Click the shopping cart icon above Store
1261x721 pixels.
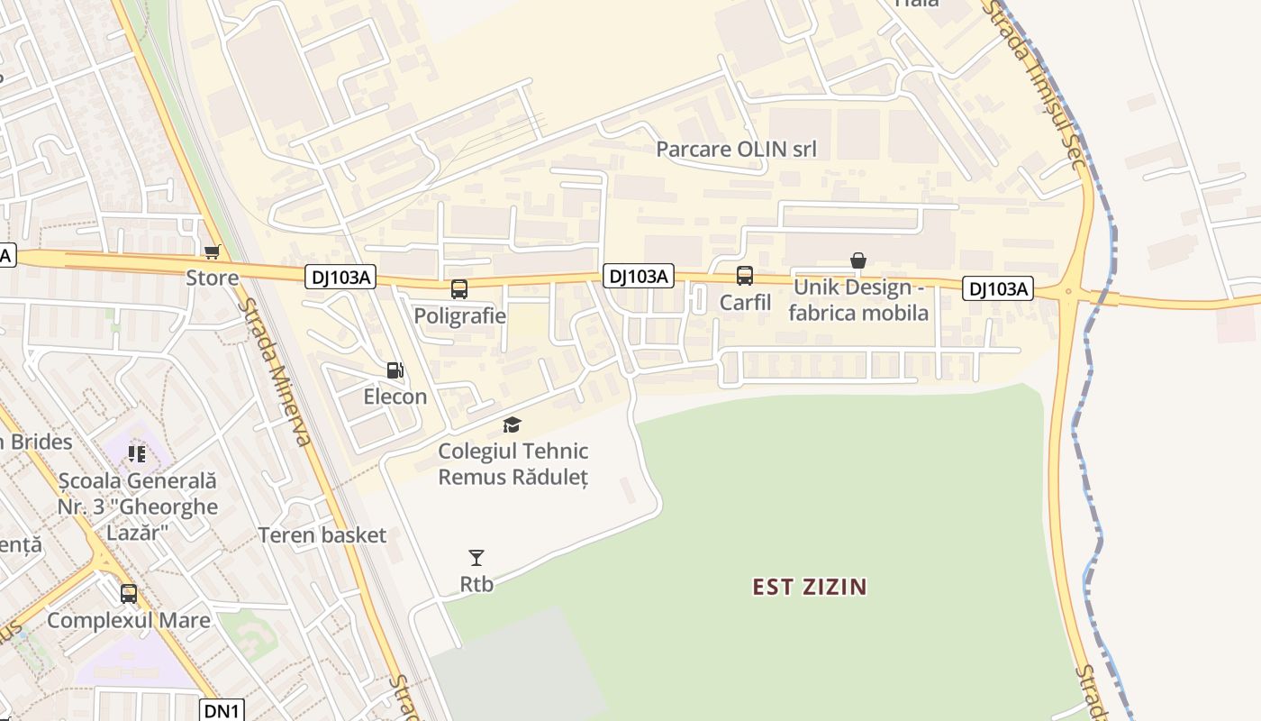[x=212, y=252]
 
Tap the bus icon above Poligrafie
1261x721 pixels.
[x=458, y=289]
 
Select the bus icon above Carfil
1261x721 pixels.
[x=744, y=276]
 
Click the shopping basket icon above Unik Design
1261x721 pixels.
[x=858, y=260]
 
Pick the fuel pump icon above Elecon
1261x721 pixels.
[x=395, y=370]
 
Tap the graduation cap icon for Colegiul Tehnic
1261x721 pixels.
[x=512, y=424]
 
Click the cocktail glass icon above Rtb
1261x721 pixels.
[x=476, y=558]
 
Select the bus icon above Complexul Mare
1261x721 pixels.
[x=129, y=593]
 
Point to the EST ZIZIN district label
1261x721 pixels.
[x=810, y=588]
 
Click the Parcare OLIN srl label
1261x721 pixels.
[x=736, y=149]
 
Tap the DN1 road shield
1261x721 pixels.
[x=221, y=710]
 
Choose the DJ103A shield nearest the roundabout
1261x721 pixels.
[x=997, y=288]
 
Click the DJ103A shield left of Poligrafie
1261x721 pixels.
[x=340, y=277]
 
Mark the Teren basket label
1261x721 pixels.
[x=322, y=535]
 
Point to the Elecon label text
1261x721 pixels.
[x=395, y=397]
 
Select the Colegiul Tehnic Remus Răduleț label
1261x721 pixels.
[x=513, y=463]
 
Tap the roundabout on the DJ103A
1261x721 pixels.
[x=1069, y=291]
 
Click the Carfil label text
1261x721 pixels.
[x=745, y=302]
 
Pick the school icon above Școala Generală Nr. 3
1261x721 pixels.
[x=137, y=453]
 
